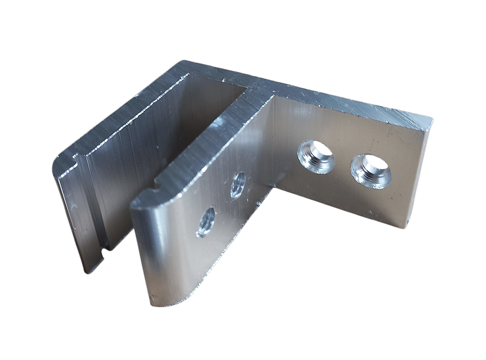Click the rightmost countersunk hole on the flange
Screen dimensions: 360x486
pyautogui.click(x=371, y=171)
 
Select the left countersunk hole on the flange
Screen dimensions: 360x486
pyautogui.click(x=316, y=157)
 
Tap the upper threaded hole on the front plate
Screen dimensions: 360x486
pyautogui.click(x=238, y=185)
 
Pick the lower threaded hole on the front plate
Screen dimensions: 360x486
pyautogui.click(x=206, y=222)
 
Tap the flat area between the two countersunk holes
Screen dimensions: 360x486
pyautogui.click(x=343, y=164)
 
